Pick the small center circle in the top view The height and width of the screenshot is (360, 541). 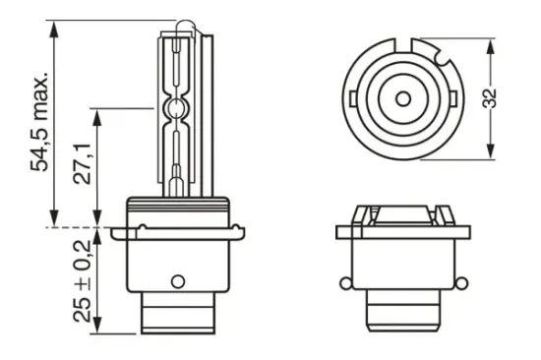pos(403,98)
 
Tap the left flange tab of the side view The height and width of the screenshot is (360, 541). pos(119,234)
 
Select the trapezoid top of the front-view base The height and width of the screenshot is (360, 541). pos(403,210)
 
